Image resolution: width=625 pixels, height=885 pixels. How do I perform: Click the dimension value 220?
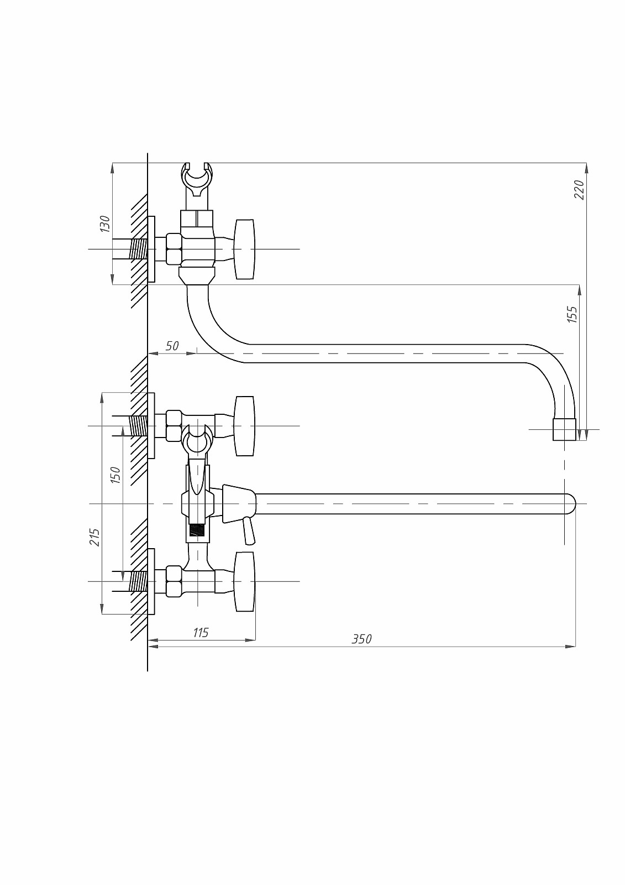(x=580, y=190)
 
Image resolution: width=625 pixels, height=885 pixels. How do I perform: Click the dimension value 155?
(x=573, y=314)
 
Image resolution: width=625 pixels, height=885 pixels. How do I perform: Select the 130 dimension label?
(x=105, y=223)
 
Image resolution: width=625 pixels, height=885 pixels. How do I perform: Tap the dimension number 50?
(x=172, y=346)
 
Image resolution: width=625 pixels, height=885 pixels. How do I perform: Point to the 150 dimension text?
(x=115, y=475)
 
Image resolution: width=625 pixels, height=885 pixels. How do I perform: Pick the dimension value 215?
(x=94, y=537)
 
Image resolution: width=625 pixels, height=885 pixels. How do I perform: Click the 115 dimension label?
(x=201, y=633)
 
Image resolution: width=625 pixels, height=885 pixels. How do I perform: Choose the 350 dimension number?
(x=361, y=650)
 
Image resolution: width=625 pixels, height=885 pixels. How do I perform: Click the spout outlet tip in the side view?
(x=565, y=429)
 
